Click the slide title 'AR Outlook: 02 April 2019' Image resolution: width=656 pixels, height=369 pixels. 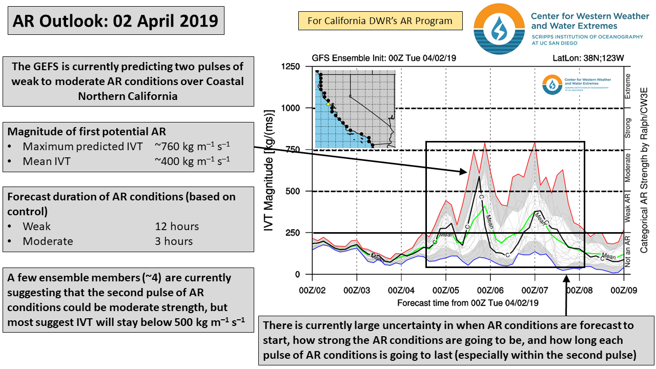tap(115, 20)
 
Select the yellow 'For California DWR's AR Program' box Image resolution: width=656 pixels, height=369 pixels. tap(380, 21)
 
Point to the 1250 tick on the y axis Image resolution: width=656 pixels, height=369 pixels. tap(290, 67)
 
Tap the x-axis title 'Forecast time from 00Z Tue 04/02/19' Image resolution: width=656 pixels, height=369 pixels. tap(468, 303)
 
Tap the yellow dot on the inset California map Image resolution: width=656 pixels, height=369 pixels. tap(328, 104)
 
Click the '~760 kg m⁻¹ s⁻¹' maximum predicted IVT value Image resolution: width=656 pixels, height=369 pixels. tap(193, 147)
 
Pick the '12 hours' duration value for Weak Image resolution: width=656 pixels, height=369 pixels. tap(177, 227)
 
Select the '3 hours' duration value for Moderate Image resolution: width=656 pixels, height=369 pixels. tap(174, 241)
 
